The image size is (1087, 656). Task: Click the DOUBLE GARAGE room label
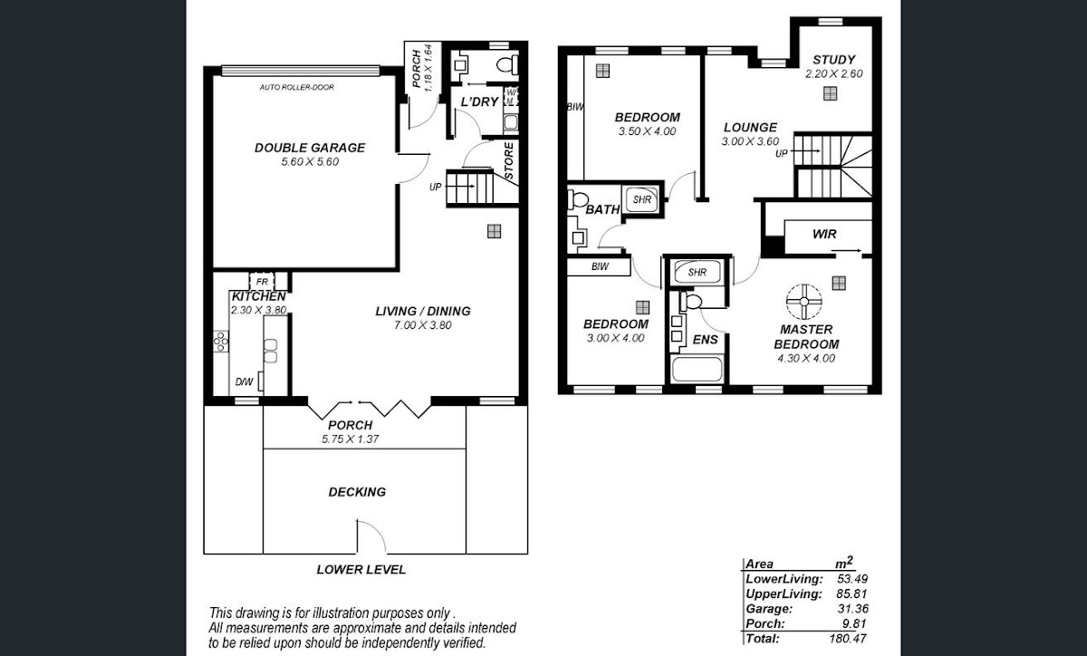(310, 148)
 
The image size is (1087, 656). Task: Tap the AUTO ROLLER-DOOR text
(297, 87)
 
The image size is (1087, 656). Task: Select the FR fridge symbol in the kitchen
(262, 282)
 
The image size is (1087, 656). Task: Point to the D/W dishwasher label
(244, 382)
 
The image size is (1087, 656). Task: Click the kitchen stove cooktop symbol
(221, 342)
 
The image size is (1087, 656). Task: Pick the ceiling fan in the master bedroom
(804, 302)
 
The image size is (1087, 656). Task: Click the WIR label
(824, 234)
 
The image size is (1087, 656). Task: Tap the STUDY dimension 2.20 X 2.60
(833, 73)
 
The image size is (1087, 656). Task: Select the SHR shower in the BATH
(642, 199)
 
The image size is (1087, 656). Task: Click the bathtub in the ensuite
(697, 370)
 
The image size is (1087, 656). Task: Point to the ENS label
(705, 340)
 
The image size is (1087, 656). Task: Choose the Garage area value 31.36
(852, 608)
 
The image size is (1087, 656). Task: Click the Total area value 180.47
(848, 638)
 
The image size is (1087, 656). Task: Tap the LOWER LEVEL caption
(361, 570)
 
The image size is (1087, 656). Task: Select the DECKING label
(357, 492)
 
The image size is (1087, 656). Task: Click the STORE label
(508, 160)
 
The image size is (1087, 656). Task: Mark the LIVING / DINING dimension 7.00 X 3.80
(423, 325)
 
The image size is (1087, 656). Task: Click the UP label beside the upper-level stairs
(781, 154)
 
